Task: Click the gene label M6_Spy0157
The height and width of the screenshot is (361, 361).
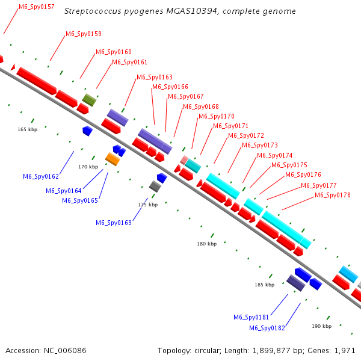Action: [37, 7]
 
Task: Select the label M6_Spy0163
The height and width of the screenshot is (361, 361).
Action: [155, 77]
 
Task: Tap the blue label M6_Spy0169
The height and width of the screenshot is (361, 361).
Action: [114, 223]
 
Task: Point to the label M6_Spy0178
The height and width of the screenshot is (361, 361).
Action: [333, 195]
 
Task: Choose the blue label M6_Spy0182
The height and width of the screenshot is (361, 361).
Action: [267, 328]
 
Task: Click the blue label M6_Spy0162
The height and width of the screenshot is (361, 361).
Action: [41, 176]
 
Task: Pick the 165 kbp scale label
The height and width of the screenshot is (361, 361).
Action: [28, 129]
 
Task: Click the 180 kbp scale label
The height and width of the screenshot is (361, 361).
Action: [207, 244]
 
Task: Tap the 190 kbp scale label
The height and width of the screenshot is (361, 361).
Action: [322, 326]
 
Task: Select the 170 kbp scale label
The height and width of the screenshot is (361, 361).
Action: [88, 167]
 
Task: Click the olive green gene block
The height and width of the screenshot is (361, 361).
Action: [89, 100]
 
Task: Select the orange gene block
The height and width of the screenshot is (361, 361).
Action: [113, 159]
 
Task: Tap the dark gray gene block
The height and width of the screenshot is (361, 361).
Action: [155, 187]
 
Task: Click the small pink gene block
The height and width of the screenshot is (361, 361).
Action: [184, 160]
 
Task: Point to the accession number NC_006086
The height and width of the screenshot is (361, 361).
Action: [65, 351]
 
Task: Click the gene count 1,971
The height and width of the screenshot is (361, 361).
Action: [345, 351]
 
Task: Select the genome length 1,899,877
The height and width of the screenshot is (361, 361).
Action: [271, 351]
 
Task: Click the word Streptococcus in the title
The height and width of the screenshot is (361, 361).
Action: [93, 11]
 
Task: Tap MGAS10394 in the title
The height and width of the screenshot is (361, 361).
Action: [193, 11]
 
